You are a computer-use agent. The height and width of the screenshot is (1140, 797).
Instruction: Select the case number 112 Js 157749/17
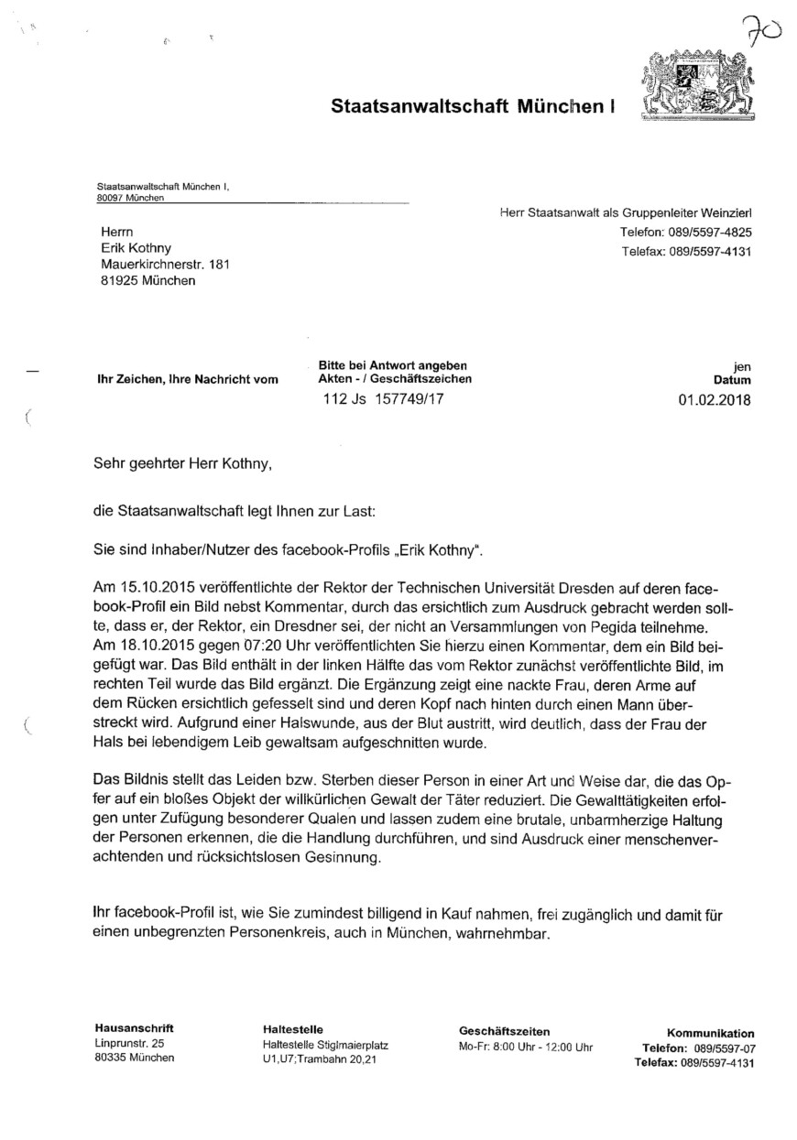click(x=386, y=399)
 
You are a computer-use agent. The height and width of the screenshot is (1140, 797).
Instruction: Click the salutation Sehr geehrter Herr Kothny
click(x=183, y=464)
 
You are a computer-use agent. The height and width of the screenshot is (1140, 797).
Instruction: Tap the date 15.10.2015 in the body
click(x=151, y=585)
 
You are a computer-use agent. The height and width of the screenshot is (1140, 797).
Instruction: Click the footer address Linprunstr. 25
click(x=129, y=1043)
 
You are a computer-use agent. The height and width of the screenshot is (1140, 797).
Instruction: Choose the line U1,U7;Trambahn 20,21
click(x=318, y=1059)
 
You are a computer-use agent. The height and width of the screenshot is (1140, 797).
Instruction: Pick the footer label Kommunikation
click(x=710, y=1033)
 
